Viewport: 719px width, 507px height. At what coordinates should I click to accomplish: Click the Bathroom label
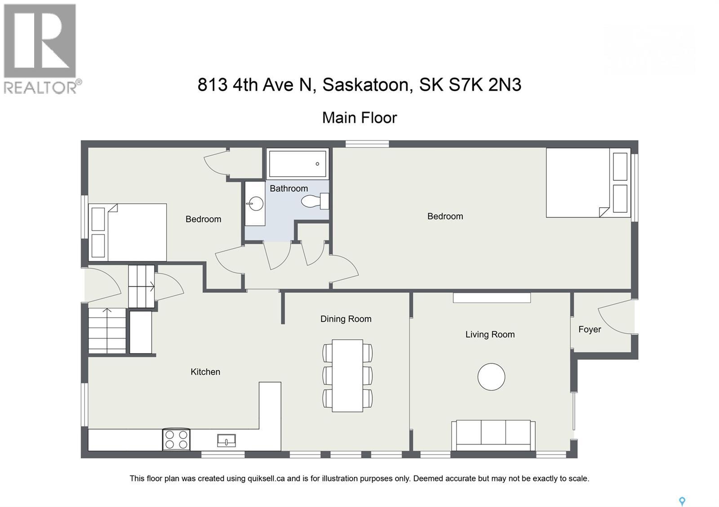pos(288,188)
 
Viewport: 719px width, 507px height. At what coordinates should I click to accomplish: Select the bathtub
pos(297,164)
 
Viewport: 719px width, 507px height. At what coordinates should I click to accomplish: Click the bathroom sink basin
pos(256,204)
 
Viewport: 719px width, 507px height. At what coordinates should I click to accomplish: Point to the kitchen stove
pos(176,439)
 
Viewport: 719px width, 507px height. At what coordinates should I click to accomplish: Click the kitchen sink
pos(226,441)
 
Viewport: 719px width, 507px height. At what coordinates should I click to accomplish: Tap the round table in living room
pos(491,376)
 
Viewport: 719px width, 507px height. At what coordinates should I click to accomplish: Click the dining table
pos(347,376)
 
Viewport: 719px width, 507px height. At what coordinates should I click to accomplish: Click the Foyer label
pos(590,329)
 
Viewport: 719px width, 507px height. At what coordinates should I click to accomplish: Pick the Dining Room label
pos(346,319)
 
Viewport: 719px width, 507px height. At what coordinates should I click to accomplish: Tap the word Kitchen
pos(205,372)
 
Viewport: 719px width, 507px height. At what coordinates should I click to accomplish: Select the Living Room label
pos(490,334)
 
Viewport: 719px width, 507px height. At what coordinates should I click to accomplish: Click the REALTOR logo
pos(40,48)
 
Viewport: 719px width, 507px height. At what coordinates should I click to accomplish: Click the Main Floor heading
pos(359,118)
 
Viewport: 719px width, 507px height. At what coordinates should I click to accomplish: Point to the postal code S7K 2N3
pos(485,84)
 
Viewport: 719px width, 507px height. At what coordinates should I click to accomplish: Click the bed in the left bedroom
pos(128,232)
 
